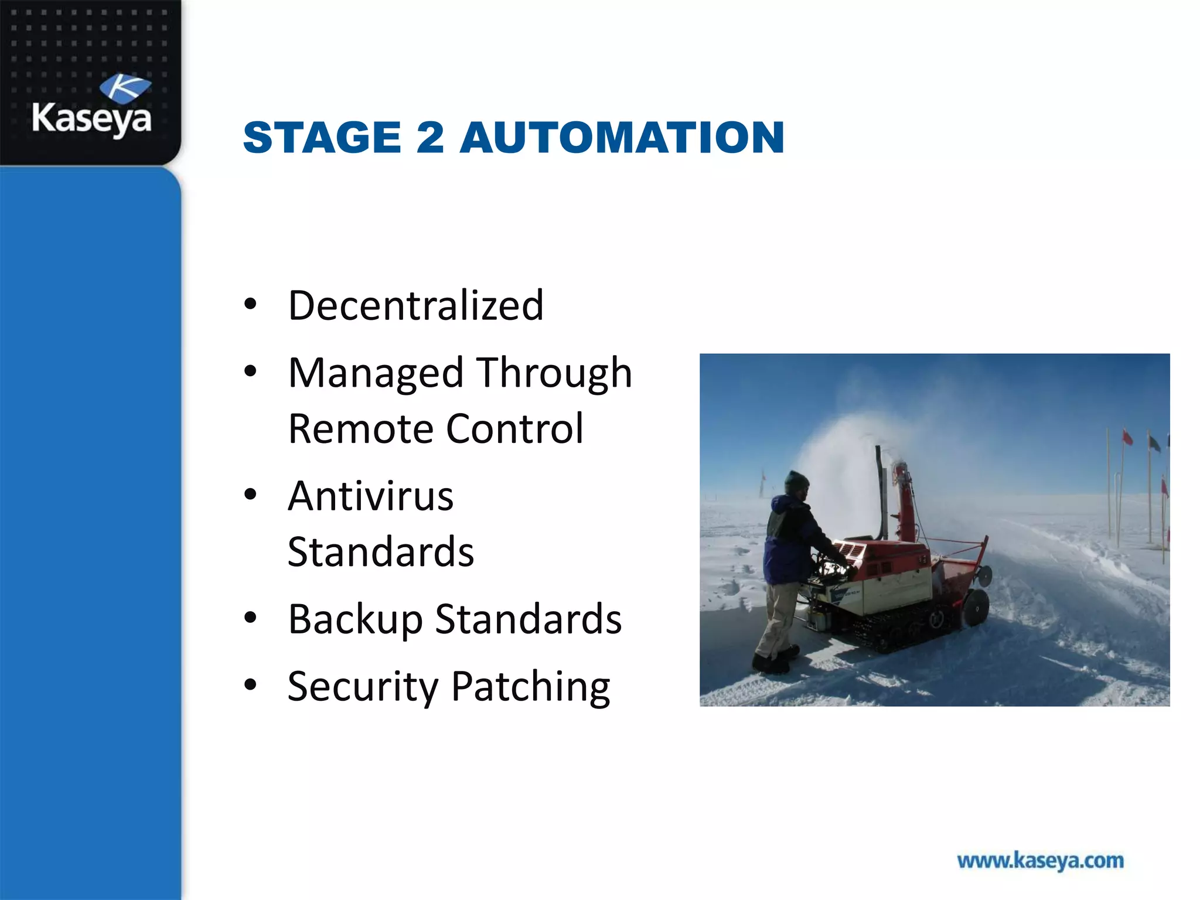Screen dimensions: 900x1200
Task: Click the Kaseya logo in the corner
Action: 91,105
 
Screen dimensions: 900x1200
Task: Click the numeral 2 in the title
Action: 430,137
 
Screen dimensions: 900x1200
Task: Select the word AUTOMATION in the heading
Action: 622,137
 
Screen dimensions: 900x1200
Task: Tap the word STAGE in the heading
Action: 322,137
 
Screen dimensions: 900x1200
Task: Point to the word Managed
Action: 376,373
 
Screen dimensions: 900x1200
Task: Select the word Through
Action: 554,373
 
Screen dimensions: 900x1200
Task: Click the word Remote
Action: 360,429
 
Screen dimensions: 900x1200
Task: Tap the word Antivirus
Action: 370,496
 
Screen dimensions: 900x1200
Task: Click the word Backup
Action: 355,619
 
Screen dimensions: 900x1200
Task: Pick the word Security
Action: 363,687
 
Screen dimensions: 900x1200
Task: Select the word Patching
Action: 531,687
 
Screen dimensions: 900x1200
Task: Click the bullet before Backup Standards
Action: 251,618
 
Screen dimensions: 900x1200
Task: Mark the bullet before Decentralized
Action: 251,304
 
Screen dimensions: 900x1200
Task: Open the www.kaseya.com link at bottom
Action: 1040,861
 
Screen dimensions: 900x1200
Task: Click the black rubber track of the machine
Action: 896,630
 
